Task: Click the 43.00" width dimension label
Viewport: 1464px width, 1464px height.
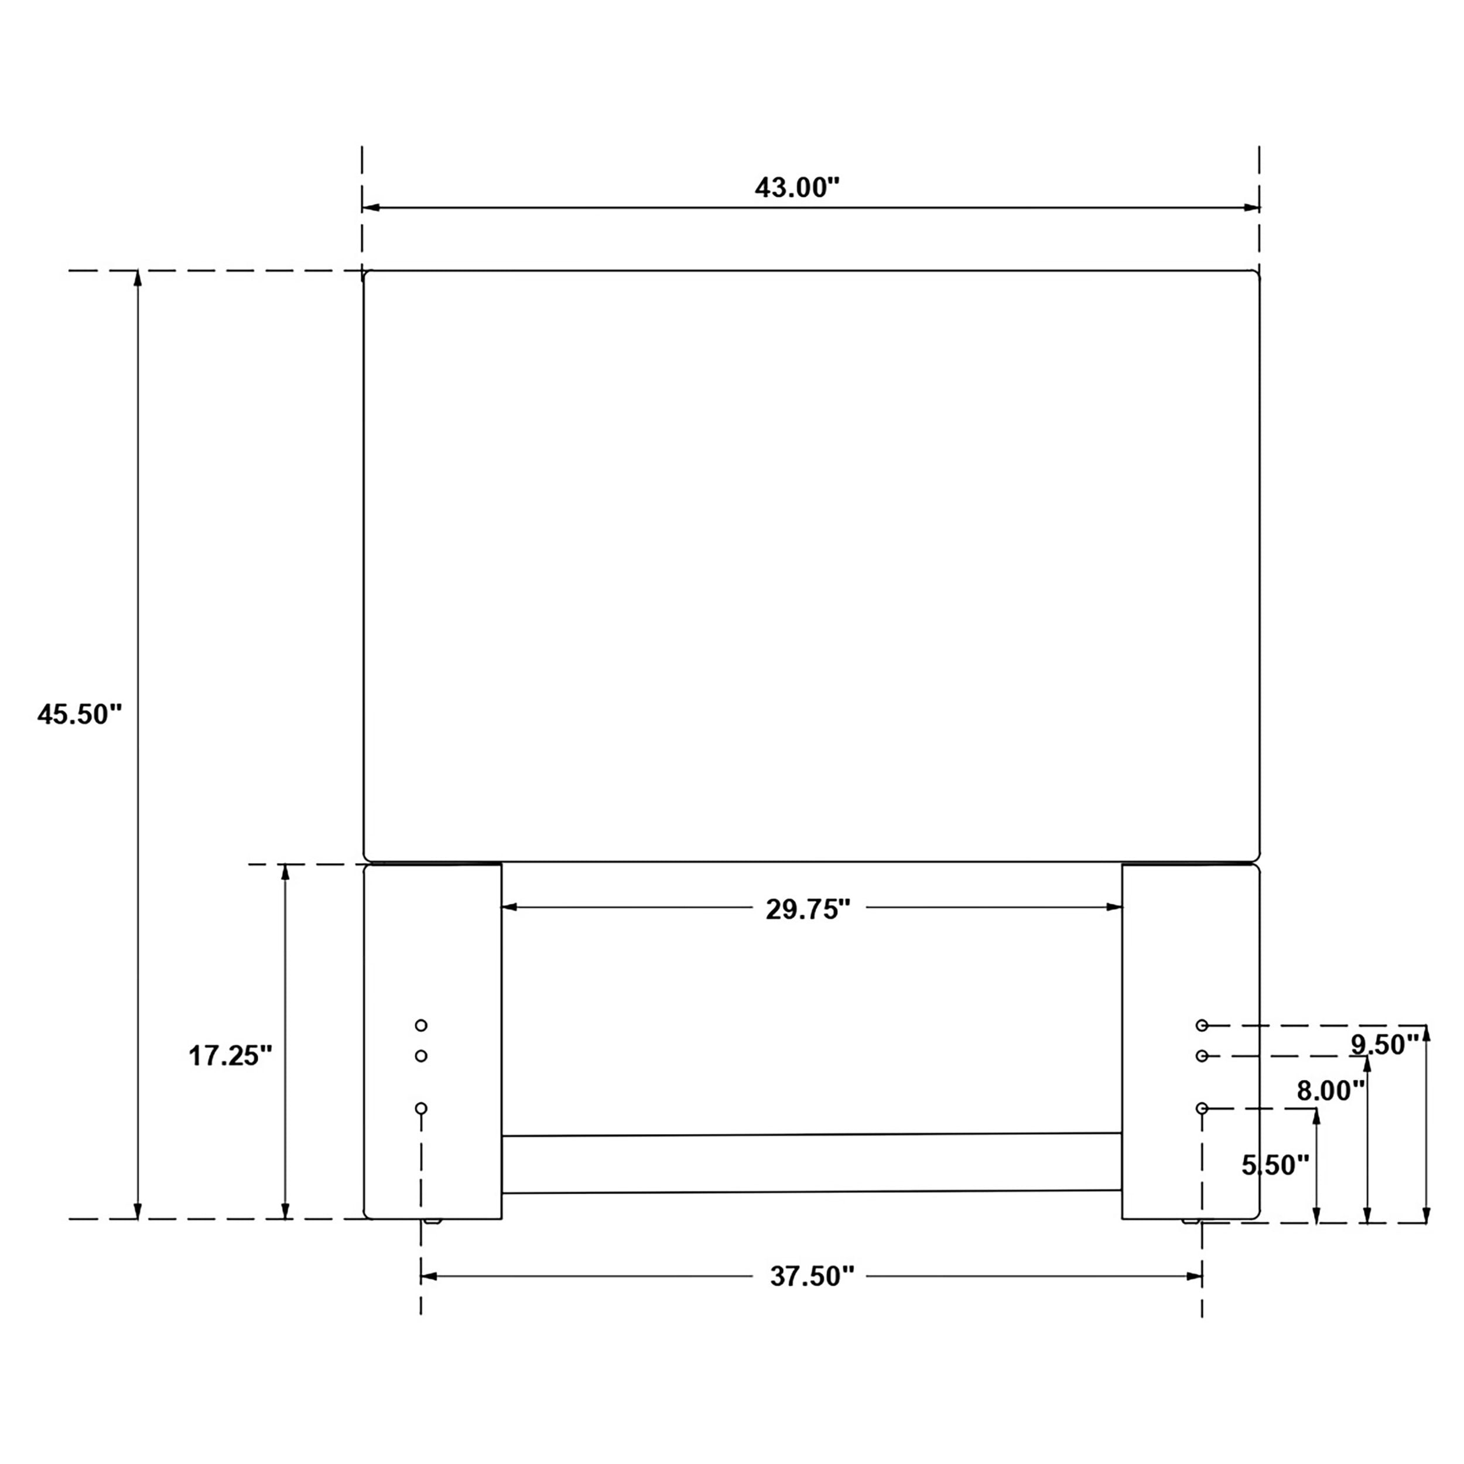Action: (x=797, y=187)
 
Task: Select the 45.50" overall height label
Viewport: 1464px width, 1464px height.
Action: (x=80, y=714)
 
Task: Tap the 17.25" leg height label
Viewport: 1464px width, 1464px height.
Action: (x=230, y=1056)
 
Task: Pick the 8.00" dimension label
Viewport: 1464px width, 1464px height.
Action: (x=1330, y=1091)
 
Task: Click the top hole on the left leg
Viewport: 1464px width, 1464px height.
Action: (x=421, y=1025)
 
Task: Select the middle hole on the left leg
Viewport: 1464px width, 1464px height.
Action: (x=421, y=1056)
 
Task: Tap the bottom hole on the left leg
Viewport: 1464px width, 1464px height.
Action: (x=421, y=1109)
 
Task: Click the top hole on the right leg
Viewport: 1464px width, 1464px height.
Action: (x=1202, y=1025)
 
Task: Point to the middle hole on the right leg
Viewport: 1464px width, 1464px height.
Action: (x=1202, y=1056)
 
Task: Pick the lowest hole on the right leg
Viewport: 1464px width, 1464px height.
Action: (x=1202, y=1109)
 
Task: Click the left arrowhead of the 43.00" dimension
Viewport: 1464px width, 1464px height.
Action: (x=370, y=207)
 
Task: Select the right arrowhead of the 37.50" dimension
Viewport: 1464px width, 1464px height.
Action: (x=1195, y=1277)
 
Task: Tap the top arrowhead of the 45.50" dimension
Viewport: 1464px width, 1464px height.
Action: (x=137, y=278)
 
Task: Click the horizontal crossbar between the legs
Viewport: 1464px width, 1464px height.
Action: (x=811, y=1163)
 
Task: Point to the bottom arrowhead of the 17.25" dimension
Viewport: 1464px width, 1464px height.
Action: (x=286, y=1211)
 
